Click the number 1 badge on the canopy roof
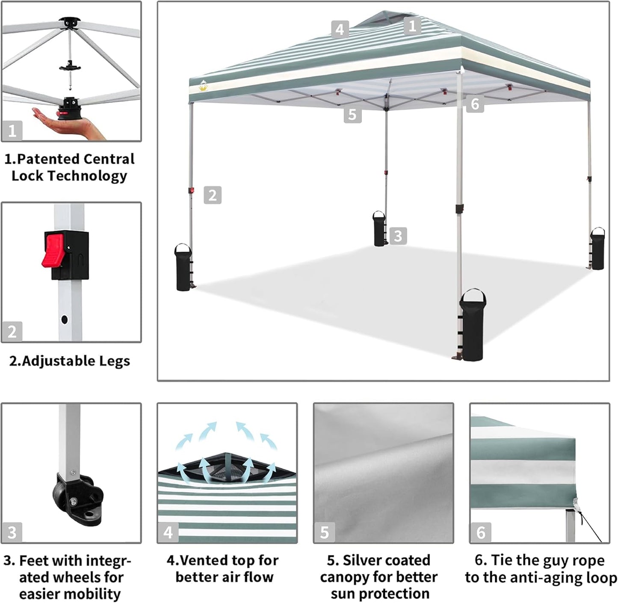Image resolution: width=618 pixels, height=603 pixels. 412,26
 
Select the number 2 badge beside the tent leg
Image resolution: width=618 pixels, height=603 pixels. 213,195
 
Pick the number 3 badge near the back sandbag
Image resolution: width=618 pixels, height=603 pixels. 398,236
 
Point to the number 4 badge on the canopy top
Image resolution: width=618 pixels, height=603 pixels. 340,30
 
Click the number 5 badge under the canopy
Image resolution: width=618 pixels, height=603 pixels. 352,115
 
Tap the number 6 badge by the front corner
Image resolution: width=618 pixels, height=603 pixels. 475,104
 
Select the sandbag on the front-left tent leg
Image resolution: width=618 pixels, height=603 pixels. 183,267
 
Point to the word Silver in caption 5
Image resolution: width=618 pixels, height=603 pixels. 365,560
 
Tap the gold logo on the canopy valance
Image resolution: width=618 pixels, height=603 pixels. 203,87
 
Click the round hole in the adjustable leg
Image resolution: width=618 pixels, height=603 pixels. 65,319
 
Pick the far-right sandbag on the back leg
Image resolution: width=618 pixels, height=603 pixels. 597,249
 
